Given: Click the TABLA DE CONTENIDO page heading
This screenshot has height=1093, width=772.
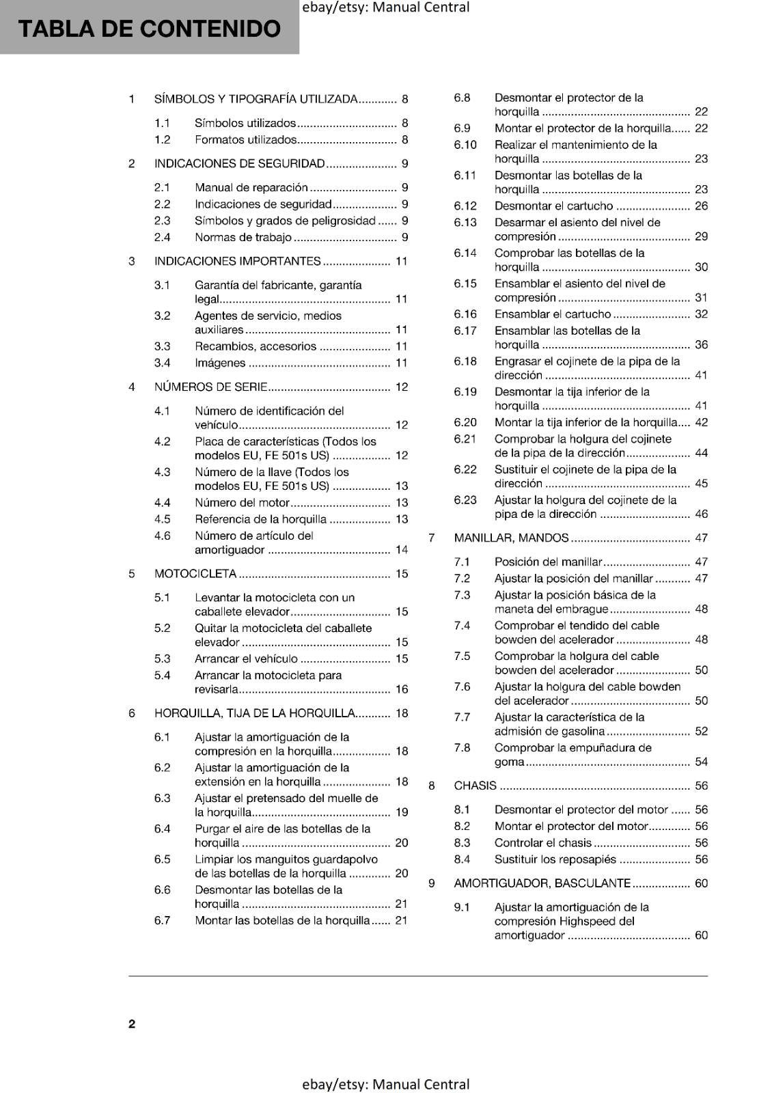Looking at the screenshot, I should (149, 29).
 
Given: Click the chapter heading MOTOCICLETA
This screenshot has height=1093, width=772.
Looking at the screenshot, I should (195, 574).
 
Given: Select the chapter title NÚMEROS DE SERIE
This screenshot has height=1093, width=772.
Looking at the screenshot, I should (210, 387).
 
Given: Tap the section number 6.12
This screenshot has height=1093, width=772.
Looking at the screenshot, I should (465, 206).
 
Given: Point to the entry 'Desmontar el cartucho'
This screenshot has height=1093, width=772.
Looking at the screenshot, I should (553, 206).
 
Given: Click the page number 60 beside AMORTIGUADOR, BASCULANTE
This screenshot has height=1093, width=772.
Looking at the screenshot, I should (701, 883).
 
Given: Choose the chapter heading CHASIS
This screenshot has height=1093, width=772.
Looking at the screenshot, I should (475, 786).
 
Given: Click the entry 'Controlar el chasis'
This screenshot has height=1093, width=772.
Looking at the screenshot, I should (543, 843).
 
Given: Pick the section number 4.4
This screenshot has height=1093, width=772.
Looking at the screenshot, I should (162, 503).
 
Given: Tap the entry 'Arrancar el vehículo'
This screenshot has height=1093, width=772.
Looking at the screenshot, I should (246, 659).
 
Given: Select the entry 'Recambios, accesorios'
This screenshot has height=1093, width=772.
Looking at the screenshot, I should (256, 346).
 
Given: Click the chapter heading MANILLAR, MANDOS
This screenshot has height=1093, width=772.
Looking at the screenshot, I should (511, 538).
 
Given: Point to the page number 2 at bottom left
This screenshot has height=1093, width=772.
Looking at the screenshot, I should (132, 1023).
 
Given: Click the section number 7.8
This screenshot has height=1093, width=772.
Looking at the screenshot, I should (462, 747).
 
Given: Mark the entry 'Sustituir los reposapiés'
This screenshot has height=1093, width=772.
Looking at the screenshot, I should (555, 859).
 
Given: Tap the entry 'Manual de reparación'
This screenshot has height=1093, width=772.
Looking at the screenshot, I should (251, 187).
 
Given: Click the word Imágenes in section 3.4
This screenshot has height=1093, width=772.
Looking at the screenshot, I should (220, 363).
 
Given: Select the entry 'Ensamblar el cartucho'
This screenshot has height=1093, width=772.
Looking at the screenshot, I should (553, 314).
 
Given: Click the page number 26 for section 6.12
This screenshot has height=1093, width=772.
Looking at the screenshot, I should (701, 206).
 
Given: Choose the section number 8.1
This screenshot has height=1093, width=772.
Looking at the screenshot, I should (462, 810).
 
